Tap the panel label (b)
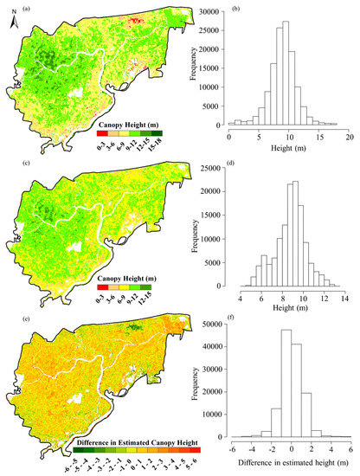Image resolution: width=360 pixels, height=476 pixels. (x=202, y=10)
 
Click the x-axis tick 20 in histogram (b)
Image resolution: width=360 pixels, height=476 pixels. (x=350, y=137)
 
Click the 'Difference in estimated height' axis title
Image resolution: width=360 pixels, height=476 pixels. (x=290, y=464)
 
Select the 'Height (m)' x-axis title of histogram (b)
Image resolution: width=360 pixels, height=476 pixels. (x=290, y=149)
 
